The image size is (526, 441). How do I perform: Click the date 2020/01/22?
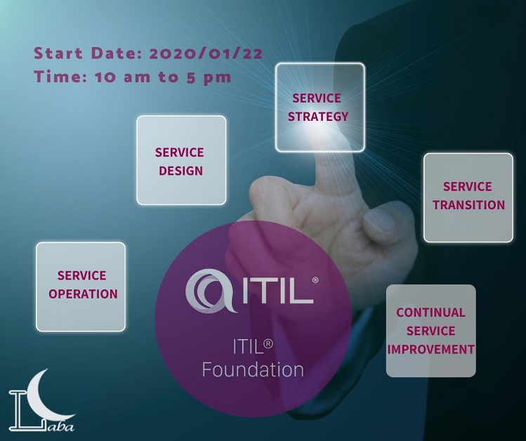(205, 53)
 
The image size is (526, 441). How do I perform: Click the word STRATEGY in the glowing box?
(318, 117)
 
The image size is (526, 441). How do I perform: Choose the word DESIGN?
(180, 171)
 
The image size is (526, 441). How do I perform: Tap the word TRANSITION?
(468, 204)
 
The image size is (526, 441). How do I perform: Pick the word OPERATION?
(83, 294)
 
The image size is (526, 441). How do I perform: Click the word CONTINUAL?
(430, 312)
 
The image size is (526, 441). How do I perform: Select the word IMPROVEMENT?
(430, 349)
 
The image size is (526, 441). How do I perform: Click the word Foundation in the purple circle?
(253, 369)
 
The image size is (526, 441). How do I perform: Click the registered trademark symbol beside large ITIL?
(315, 280)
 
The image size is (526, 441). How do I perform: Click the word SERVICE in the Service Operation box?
(82, 275)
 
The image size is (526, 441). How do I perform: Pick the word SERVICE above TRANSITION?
(467, 186)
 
